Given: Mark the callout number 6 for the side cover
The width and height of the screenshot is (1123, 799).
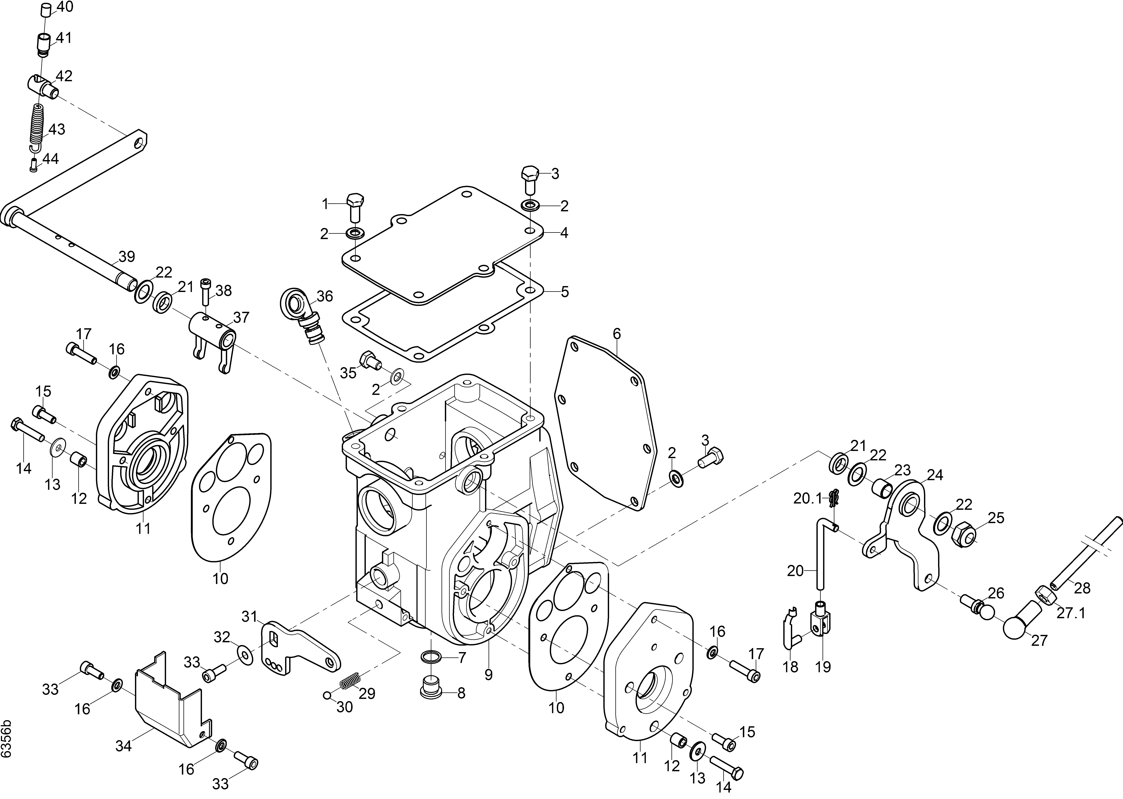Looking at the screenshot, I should point(617,334).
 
